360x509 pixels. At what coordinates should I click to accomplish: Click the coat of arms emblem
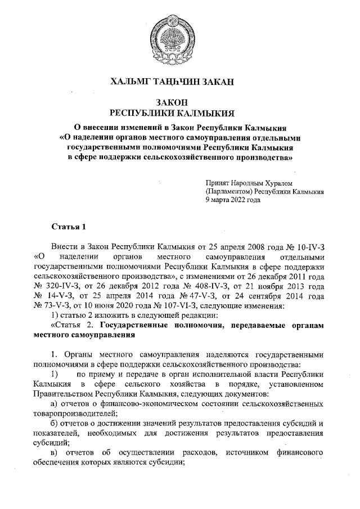click(180, 38)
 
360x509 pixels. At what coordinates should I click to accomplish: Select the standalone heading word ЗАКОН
click(180, 102)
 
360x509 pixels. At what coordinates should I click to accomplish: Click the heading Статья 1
click(69, 227)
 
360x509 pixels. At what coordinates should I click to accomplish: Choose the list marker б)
click(54, 424)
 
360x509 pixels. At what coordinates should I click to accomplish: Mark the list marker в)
click(54, 453)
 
